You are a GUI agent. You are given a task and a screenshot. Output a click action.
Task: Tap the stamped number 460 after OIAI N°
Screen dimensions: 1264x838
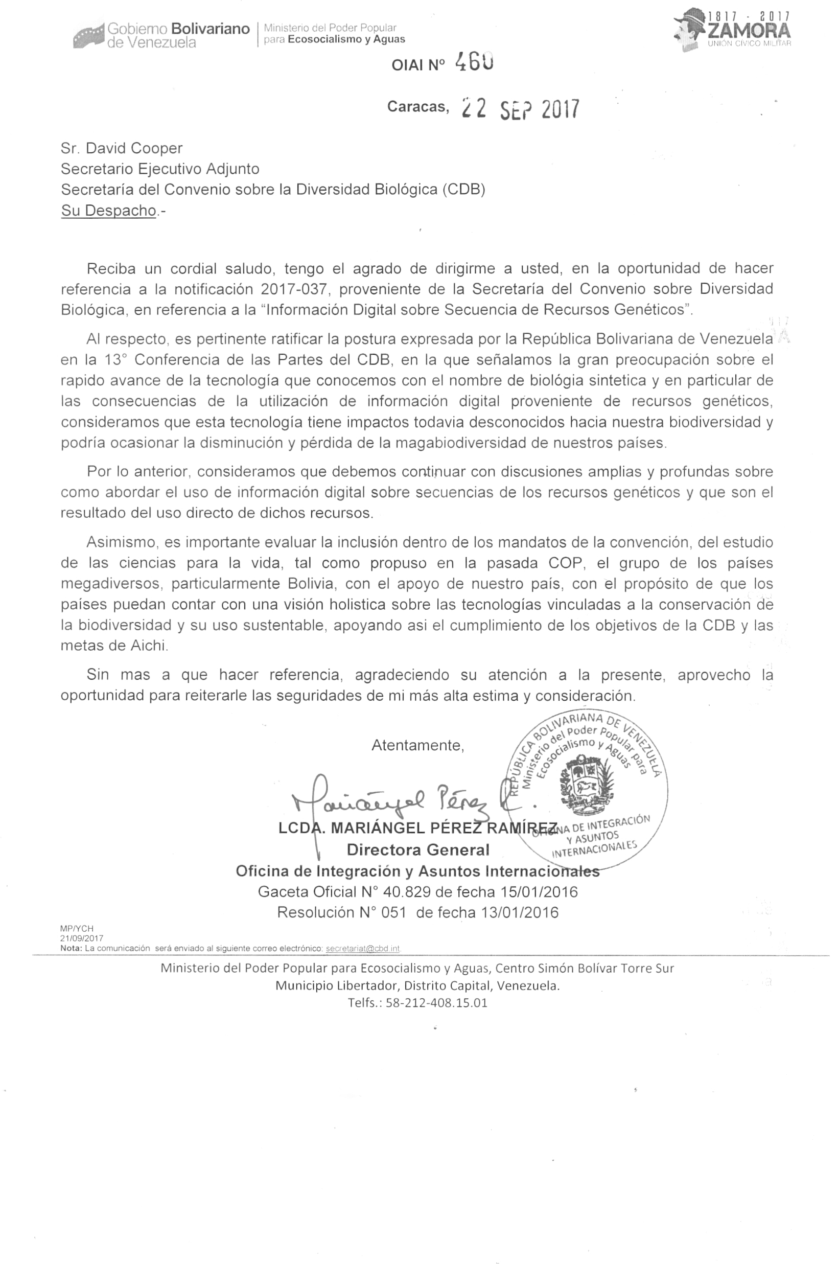pos(474,63)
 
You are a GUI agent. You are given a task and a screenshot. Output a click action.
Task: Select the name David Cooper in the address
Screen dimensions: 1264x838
pos(134,148)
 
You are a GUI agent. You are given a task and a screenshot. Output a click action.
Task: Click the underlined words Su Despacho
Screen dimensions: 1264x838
pos(108,211)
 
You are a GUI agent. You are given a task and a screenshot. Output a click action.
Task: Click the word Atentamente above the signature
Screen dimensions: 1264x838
pos(418,745)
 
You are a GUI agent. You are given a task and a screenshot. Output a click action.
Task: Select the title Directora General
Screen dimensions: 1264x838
pos(418,850)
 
